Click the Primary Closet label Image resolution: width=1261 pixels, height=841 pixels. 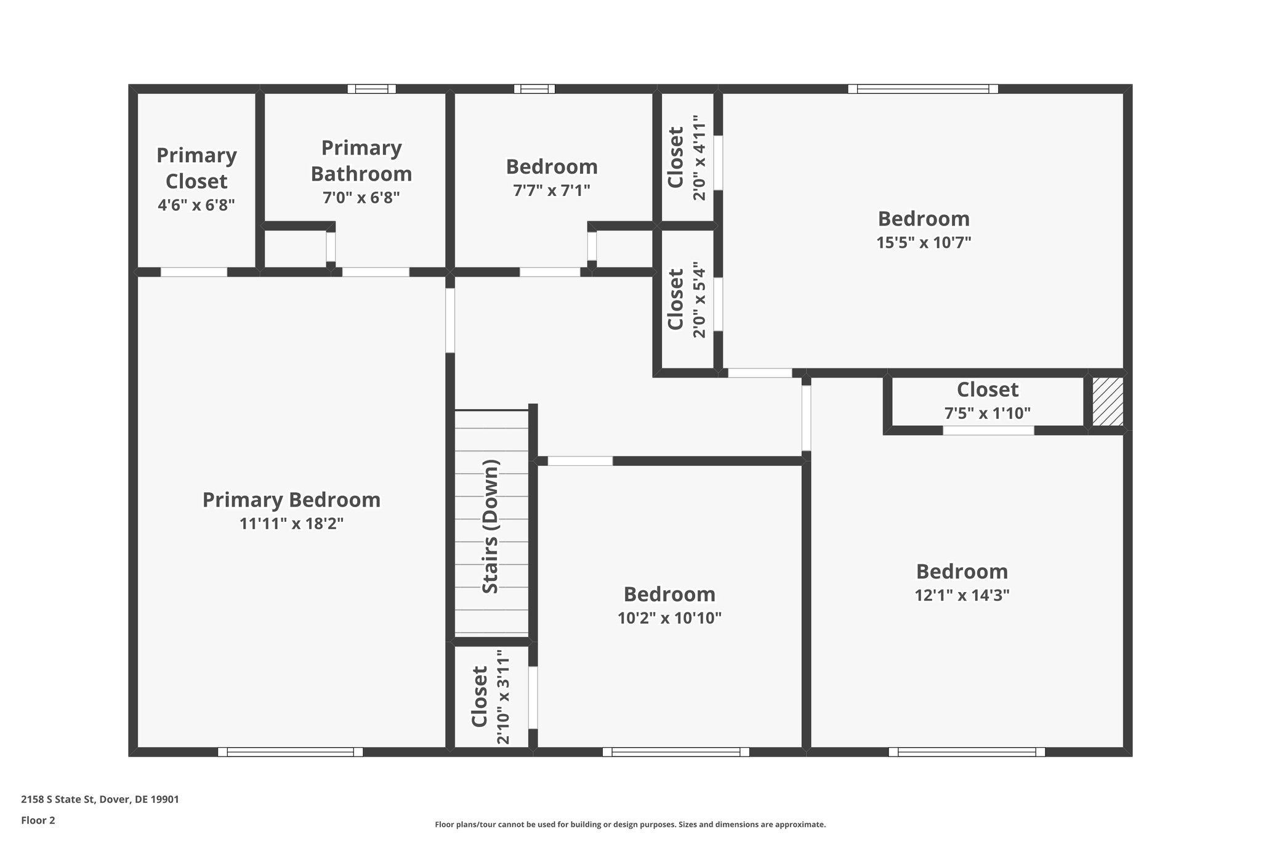[196, 168]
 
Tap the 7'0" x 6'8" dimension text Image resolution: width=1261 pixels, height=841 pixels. [361, 198]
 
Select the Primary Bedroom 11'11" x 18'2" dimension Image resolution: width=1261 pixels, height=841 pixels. [291, 524]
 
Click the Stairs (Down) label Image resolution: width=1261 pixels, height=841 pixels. [491, 527]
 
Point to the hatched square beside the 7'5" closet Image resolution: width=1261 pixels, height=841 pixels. [1108, 402]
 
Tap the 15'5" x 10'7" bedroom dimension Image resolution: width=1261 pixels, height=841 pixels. [924, 242]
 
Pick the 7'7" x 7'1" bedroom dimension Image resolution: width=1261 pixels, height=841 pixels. [552, 190]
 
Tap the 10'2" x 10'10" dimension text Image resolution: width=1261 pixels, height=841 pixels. [669, 618]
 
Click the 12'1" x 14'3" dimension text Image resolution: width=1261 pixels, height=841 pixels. [962, 595]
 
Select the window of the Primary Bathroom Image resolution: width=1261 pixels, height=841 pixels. [372, 89]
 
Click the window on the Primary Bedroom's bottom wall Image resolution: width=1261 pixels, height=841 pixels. [290, 752]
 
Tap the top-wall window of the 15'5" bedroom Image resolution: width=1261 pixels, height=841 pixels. [922, 89]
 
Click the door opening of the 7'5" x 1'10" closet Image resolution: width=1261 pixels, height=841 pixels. [988, 431]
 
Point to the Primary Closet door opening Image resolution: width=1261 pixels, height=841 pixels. [194, 272]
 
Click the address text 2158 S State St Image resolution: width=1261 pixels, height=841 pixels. [100, 800]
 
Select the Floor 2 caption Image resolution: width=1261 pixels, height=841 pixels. [38, 820]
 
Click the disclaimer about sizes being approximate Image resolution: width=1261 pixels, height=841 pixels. [630, 824]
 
